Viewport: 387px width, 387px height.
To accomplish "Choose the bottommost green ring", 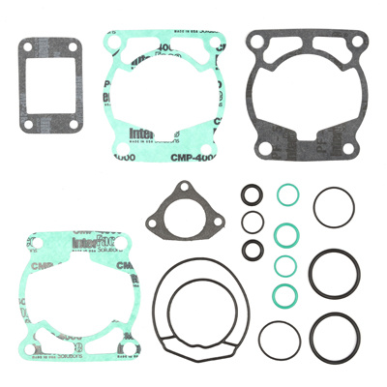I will click(283, 293).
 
